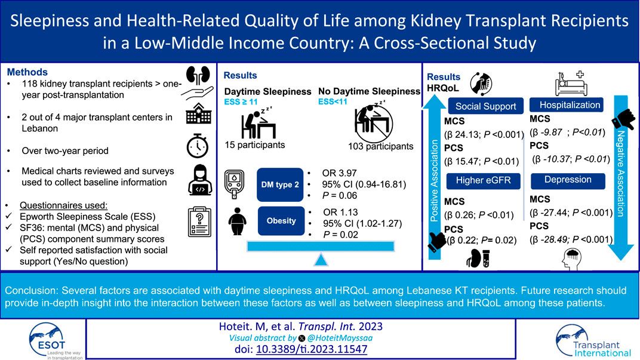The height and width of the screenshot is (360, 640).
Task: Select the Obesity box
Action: [x=281, y=220]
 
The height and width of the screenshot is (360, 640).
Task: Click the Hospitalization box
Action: [x=565, y=104]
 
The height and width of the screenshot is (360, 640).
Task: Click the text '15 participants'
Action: [x=254, y=145]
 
